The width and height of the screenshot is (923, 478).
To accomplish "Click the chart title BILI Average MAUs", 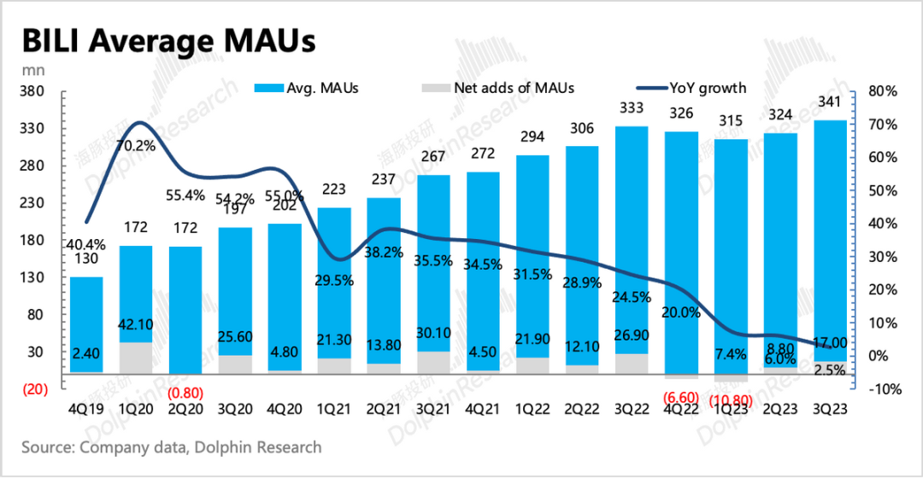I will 168,41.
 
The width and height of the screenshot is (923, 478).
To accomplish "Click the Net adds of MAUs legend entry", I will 499,87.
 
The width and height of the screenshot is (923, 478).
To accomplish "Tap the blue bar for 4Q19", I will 86,324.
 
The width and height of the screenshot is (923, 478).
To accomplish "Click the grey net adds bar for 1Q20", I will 136,358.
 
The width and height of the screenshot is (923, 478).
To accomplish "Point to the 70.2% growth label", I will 136,145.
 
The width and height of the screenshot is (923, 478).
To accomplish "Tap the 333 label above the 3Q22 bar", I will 631,108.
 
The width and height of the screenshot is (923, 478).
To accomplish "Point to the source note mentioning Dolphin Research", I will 172,447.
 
